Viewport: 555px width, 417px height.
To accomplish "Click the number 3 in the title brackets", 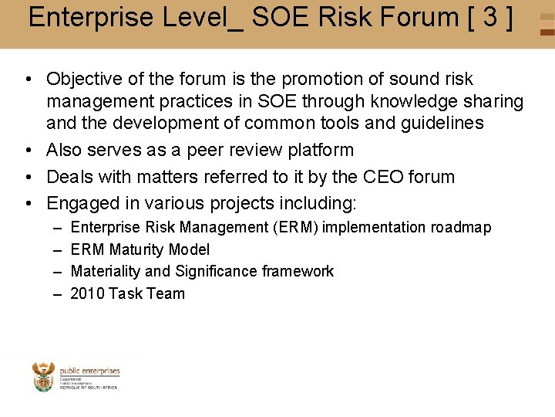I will coord(490,17).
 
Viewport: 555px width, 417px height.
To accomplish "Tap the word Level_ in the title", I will coord(201,17).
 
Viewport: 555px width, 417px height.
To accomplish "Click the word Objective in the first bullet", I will coord(83,79).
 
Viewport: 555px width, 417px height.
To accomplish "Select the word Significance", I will coord(216,271).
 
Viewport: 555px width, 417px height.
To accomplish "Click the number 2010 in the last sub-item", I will coord(87,293).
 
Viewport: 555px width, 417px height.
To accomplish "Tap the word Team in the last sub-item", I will coord(169,293).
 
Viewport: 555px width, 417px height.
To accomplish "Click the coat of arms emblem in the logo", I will coord(44,376).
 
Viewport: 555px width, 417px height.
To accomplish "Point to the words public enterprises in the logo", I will coord(90,371).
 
